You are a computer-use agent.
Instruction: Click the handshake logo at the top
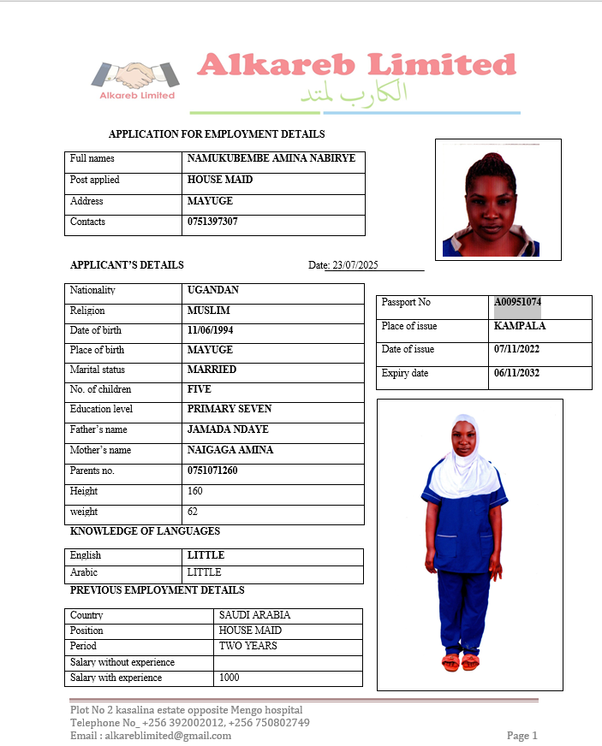coord(136,76)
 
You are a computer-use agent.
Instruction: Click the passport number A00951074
coord(517,302)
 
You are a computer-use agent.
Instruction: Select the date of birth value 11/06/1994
coord(211,330)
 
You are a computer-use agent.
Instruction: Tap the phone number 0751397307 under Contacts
coord(212,222)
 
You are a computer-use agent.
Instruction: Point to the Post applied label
coord(94,180)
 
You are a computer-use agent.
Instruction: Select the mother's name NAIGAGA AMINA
coord(230,450)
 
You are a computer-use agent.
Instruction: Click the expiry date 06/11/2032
coord(517,373)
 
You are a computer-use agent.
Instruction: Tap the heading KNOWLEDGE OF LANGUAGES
coord(145,531)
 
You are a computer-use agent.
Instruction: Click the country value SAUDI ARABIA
coord(254,615)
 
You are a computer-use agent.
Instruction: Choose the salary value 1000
coord(229,678)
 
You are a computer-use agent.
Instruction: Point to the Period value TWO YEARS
coord(248,646)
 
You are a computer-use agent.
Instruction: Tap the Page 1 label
coord(522,736)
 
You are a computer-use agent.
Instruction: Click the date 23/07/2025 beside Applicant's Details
coord(355,265)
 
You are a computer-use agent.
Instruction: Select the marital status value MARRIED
coord(212,370)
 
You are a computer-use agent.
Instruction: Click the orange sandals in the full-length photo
coord(461,661)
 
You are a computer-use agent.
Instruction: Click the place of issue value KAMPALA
coord(520,326)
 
